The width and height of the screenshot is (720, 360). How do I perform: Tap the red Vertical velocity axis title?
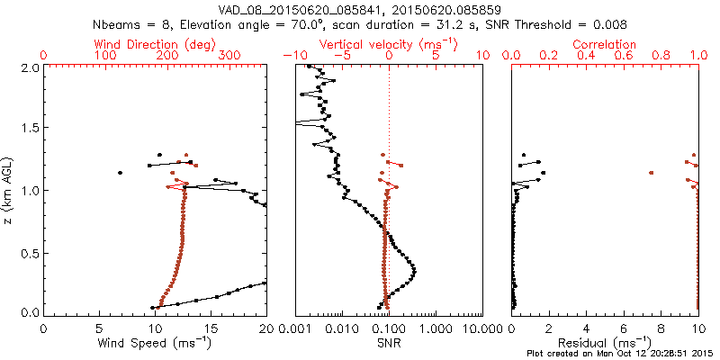tap(389, 44)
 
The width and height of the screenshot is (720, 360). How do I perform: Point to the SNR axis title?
tap(389, 343)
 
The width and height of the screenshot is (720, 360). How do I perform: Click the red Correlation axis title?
tap(606, 44)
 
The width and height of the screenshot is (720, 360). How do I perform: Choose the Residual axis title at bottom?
tap(606, 343)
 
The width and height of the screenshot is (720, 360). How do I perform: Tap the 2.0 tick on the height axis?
tap(30, 67)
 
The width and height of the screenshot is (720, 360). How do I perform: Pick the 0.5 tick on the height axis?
tap(30, 252)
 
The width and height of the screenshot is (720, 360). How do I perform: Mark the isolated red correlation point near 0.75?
tap(651, 172)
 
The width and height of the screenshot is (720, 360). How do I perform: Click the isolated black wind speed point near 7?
tap(120, 172)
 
